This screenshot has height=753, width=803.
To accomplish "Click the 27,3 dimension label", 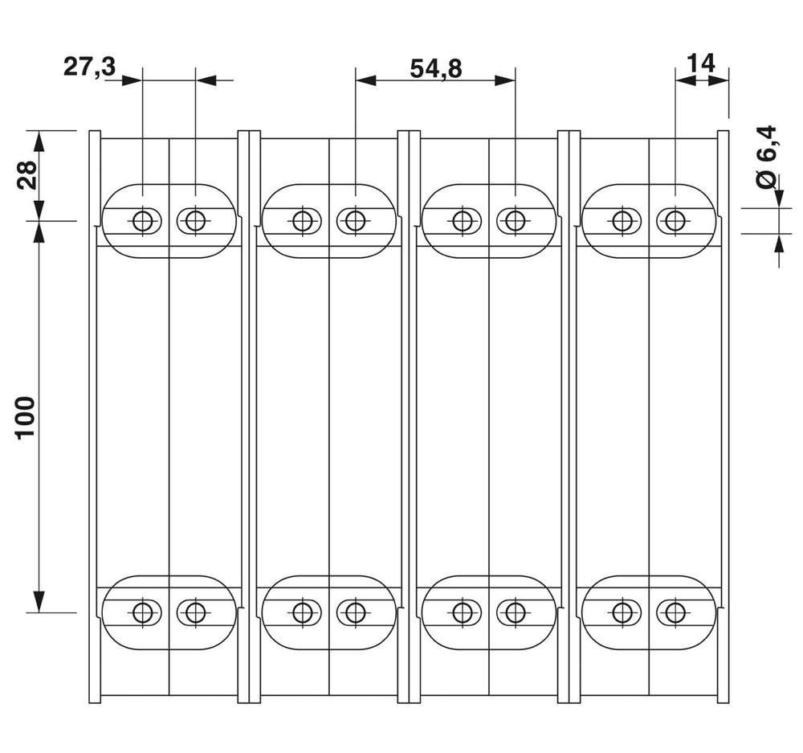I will pos(89,68).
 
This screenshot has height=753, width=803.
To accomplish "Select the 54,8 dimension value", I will pos(435,68).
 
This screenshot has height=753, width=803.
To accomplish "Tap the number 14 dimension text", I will pos(701,63).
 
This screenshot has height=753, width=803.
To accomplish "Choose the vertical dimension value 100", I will pos(27,416).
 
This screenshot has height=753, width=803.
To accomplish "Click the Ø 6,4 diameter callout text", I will pos(767,158).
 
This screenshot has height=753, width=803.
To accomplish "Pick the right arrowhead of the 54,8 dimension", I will pos(505,80).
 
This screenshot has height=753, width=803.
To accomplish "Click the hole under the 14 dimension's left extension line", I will pos(675,220).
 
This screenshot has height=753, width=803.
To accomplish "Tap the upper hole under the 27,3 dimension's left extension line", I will pos(142,220).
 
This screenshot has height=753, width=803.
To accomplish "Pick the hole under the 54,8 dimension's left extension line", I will pos(355,220).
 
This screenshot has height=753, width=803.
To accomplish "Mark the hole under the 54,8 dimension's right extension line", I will pos(515,220).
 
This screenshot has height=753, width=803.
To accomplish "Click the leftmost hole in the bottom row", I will pos(142,612).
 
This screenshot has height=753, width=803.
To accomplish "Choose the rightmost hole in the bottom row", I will pos(675,612).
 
